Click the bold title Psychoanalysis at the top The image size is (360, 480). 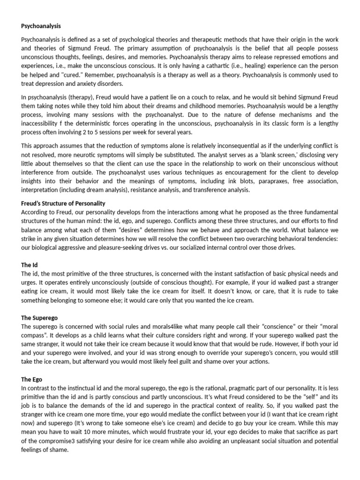pyautogui.click(x=41, y=26)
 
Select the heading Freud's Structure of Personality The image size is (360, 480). pyautogui.click(x=63, y=203)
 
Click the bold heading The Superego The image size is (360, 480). pyautogui.click(x=39, y=318)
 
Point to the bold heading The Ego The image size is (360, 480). pyautogui.click(x=32, y=379)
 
